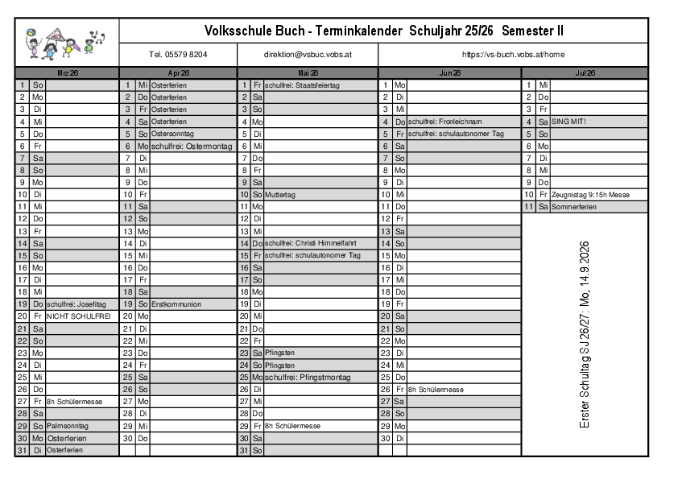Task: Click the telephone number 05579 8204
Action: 178,55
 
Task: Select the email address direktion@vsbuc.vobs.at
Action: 307,55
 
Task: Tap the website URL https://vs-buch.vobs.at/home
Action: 513,55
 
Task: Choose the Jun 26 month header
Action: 449,72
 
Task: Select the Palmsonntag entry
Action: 72,426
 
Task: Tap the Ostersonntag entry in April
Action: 172,134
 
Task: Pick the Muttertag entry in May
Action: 279,195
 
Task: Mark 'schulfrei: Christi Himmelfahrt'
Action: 310,243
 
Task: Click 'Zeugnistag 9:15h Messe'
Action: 590,195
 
